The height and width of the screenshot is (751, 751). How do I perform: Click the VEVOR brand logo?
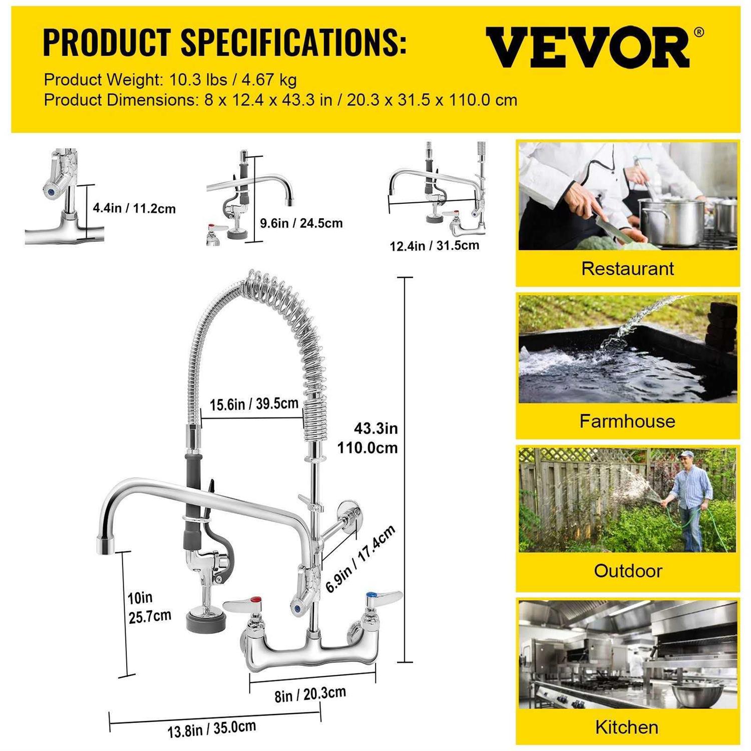tap(588, 48)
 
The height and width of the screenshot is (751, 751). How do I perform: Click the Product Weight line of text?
tap(170, 80)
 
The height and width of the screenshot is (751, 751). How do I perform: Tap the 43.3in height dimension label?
tap(375, 429)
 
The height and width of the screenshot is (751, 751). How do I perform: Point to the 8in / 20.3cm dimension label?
tap(310, 694)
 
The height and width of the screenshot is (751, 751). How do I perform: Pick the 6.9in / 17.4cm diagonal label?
tap(360, 559)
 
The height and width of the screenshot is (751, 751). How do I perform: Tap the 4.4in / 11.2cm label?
tap(134, 208)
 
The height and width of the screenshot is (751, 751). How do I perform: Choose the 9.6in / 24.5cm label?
tap(301, 223)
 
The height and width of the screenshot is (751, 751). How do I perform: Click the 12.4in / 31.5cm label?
tap(434, 246)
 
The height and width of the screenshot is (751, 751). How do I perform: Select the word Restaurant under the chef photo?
tap(627, 269)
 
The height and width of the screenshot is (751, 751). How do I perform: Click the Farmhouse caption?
tap(627, 421)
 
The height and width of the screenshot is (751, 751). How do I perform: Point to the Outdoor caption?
tap(628, 571)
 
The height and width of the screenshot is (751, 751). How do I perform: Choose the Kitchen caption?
tap(627, 727)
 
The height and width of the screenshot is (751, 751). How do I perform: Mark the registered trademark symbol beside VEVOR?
tap(699, 33)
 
